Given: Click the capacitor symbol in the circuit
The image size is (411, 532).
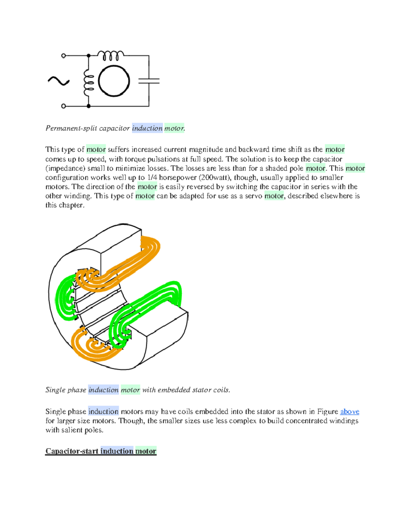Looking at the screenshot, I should [149, 81].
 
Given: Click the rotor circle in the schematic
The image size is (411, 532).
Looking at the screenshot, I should [114, 81].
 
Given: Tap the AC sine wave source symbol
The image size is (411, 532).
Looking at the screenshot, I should [59, 81].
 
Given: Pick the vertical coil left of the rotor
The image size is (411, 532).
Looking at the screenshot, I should [88, 81].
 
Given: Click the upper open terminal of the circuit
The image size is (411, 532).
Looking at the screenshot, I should [63, 55].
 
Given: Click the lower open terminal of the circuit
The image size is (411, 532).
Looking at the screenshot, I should [63, 106].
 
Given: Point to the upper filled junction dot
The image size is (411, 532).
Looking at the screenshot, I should [89, 55].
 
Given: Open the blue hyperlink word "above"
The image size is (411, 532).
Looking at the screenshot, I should [349, 411].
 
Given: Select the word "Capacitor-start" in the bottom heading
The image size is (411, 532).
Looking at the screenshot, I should [72, 451].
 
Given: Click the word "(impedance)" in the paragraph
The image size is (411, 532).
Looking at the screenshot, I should [65, 168].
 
